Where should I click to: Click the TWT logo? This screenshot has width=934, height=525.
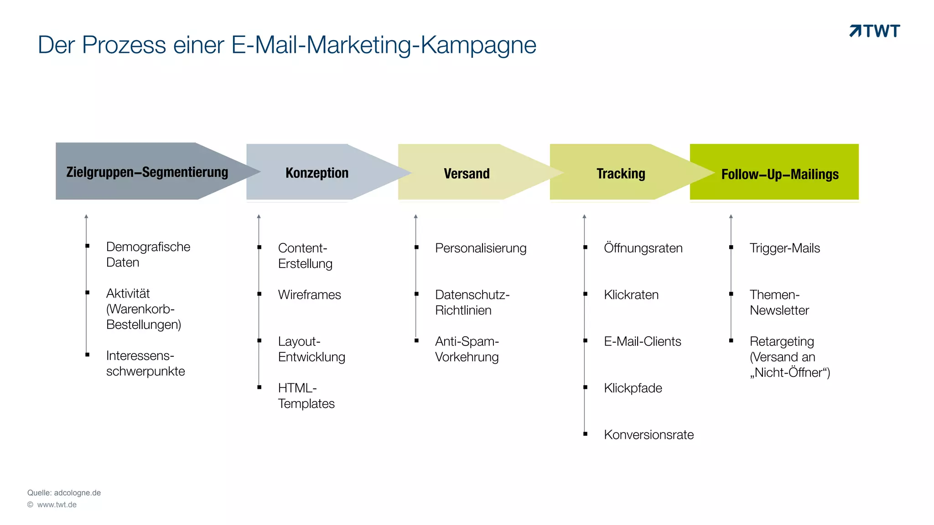coord(875,31)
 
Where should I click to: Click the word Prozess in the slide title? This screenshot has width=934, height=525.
coord(124,45)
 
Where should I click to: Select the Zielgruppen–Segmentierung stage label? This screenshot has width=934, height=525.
coord(147,172)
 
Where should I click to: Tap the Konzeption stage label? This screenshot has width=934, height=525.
coord(317,173)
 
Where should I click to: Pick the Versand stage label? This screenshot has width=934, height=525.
coord(467,174)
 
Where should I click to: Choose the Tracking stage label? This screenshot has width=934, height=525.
coord(621,174)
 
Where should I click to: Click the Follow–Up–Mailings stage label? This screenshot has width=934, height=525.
coord(780,174)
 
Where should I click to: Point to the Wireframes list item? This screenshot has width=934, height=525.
coord(309,295)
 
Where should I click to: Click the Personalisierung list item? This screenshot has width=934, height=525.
coord(481,248)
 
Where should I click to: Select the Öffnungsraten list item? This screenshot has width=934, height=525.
coord(643,248)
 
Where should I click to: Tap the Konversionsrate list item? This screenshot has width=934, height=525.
coord(649,435)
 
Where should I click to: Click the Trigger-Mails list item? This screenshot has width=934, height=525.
coord(784,248)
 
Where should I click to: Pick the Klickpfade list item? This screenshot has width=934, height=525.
coord(633,388)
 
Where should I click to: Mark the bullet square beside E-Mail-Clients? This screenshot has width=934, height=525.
coord(585,340)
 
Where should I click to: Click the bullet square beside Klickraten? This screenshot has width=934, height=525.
coord(585,294)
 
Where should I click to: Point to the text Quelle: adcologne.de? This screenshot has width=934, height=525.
coord(64,493)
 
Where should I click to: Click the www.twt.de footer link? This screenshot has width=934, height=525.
coord(57,504)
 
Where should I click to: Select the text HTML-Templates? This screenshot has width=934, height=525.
coord(306,396)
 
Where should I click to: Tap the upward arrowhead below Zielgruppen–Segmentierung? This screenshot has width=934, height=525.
coord(86,216)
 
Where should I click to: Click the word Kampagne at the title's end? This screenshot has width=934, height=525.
coord(478,45)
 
